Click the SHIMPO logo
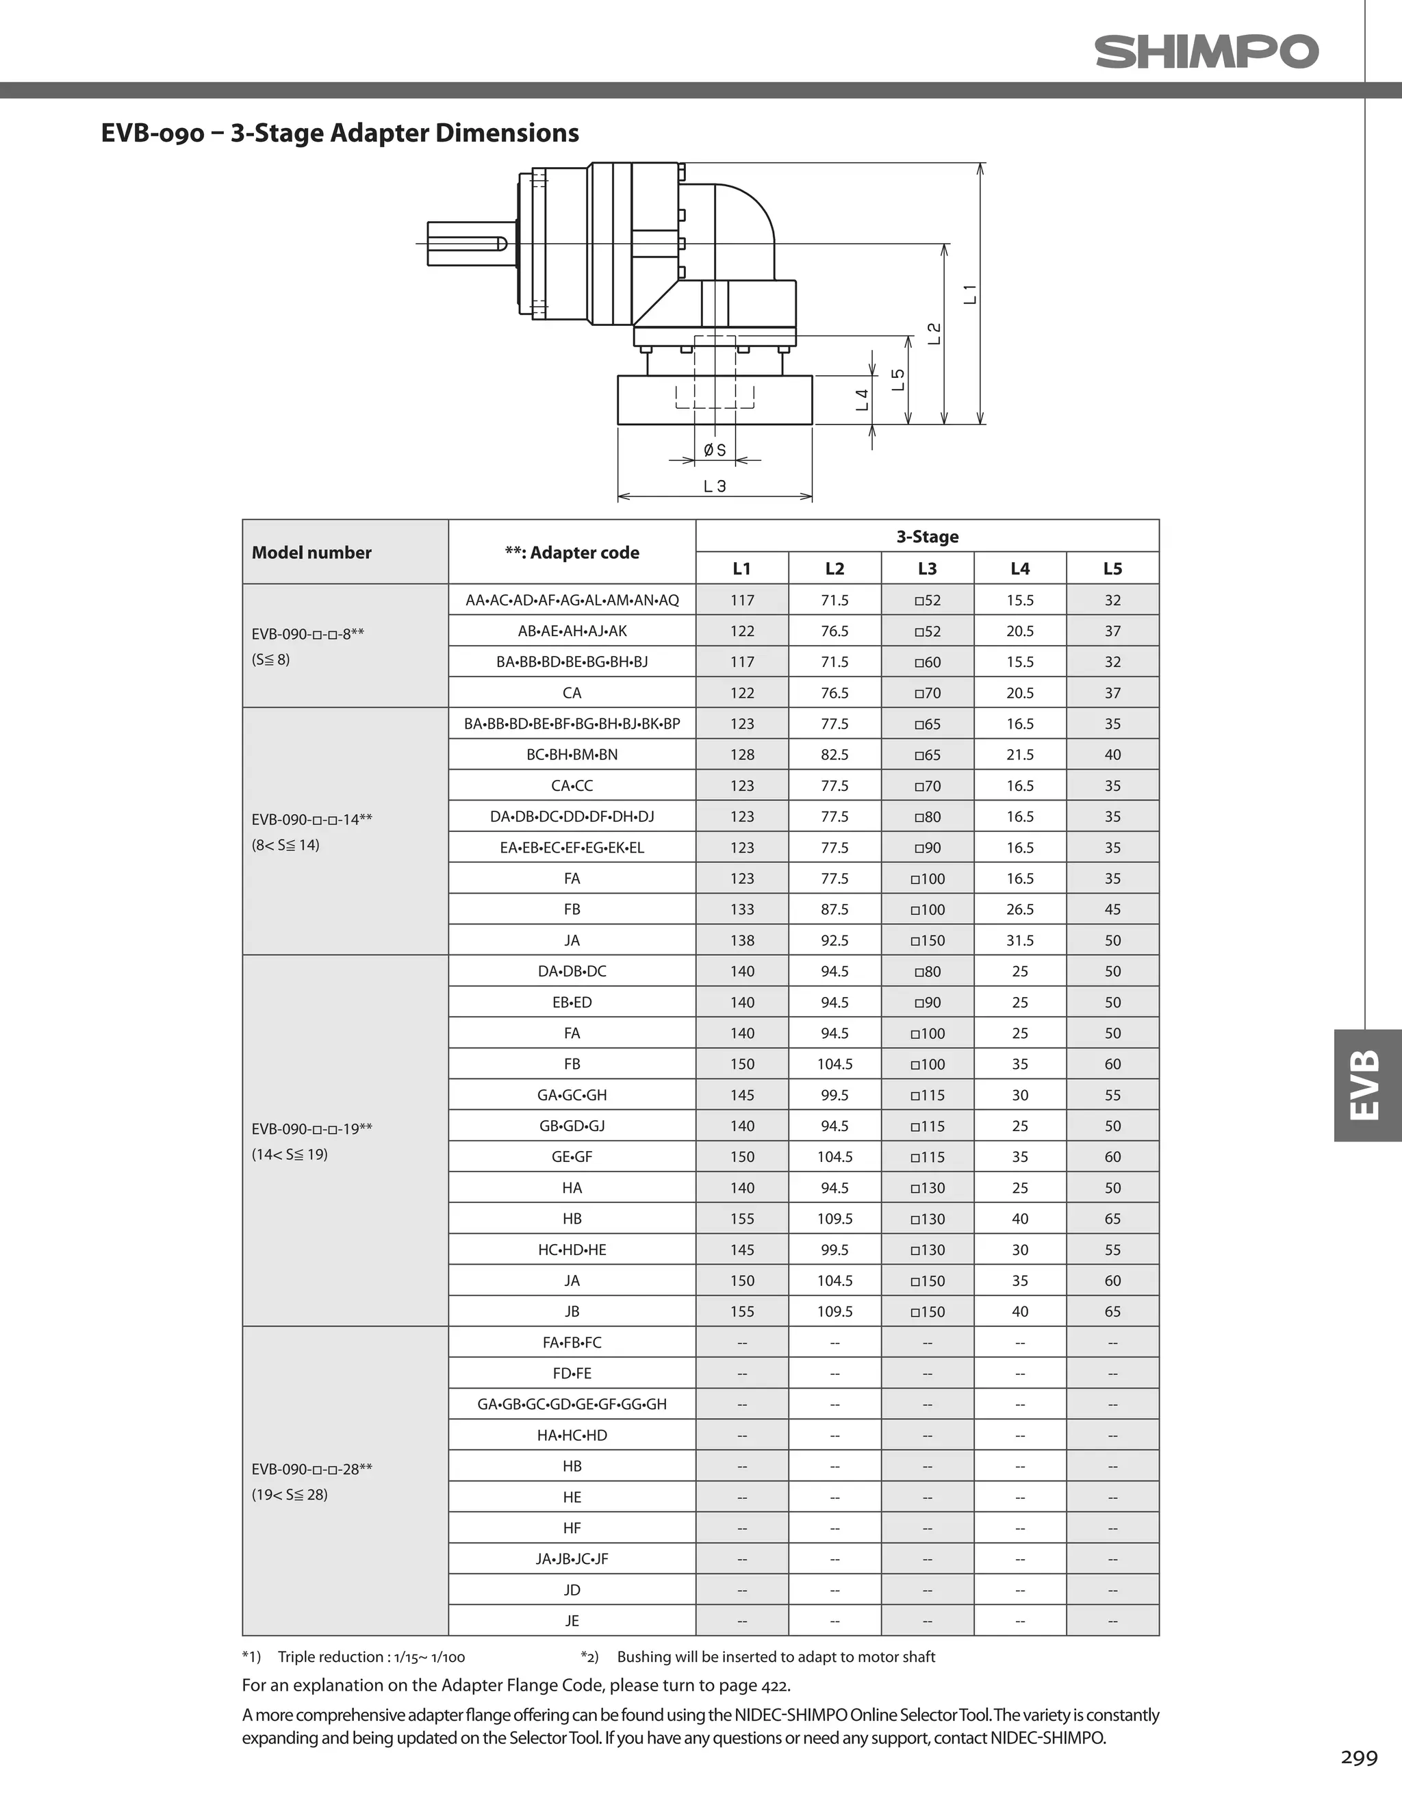pos(1206,52)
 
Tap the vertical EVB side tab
pos(1366,1085)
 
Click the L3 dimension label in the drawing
pos(715,486)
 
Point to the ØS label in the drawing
pos(715,450)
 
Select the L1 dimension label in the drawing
pos(970,293)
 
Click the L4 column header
pos(1019,568)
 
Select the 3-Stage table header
pos(928,536)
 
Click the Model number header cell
pos(311,553)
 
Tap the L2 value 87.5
pos(834,909)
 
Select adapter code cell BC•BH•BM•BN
pos(572,755)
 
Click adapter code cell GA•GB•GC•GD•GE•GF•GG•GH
pos(572,1404)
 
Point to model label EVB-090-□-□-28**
pos(311,1469)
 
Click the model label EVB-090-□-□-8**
pos(307,634)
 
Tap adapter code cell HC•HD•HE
pos(572,1250)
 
